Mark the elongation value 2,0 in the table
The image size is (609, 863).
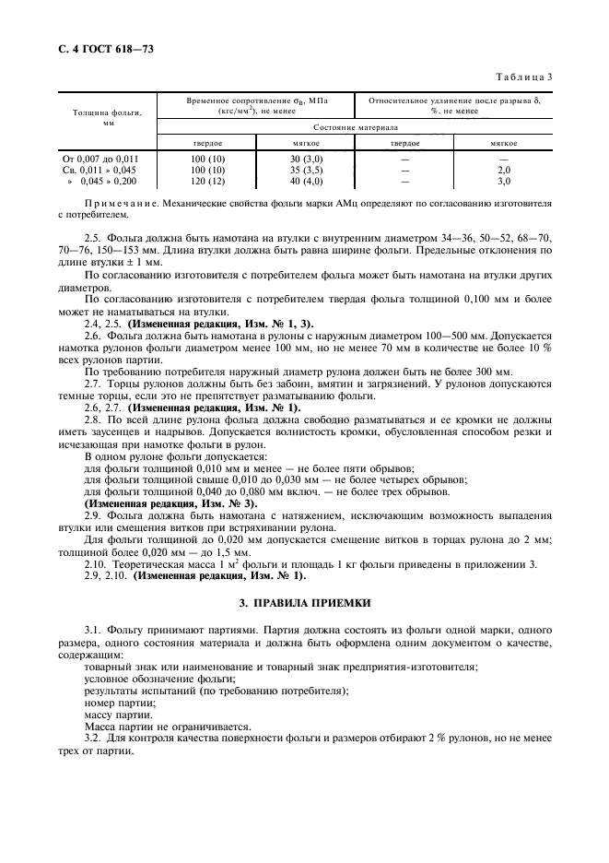503,171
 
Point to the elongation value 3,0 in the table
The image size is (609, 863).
503,182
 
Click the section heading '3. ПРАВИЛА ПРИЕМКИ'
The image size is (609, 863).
305,603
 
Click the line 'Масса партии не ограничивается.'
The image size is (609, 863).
154,727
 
